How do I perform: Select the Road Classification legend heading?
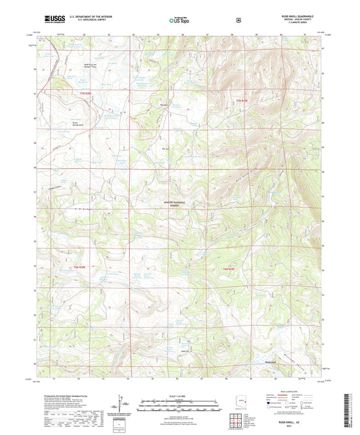pos(290,391)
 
